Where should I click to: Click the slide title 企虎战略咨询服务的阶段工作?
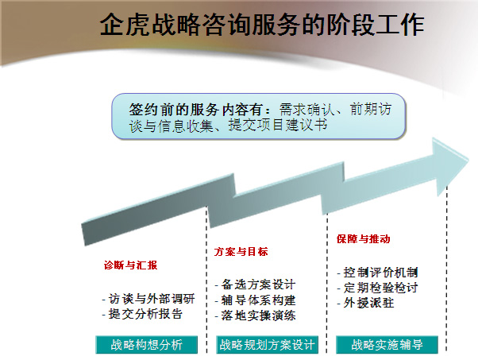click(x=262, y=25)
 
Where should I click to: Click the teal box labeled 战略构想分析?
click(x=146, y=345)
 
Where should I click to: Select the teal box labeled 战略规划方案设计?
click(x=267, y=345)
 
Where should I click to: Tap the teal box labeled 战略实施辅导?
click(x=387, y=345)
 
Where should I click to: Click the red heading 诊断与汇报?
click(x=130, y=265)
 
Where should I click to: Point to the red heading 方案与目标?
click(x=241, y=252)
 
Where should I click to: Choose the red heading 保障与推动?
click(x=363, y=239)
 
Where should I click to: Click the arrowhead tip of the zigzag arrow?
click(x=468, y=159)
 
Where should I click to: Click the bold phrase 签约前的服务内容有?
click(x=195, y=109)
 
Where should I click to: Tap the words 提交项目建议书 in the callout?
click(x=278, y=125)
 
